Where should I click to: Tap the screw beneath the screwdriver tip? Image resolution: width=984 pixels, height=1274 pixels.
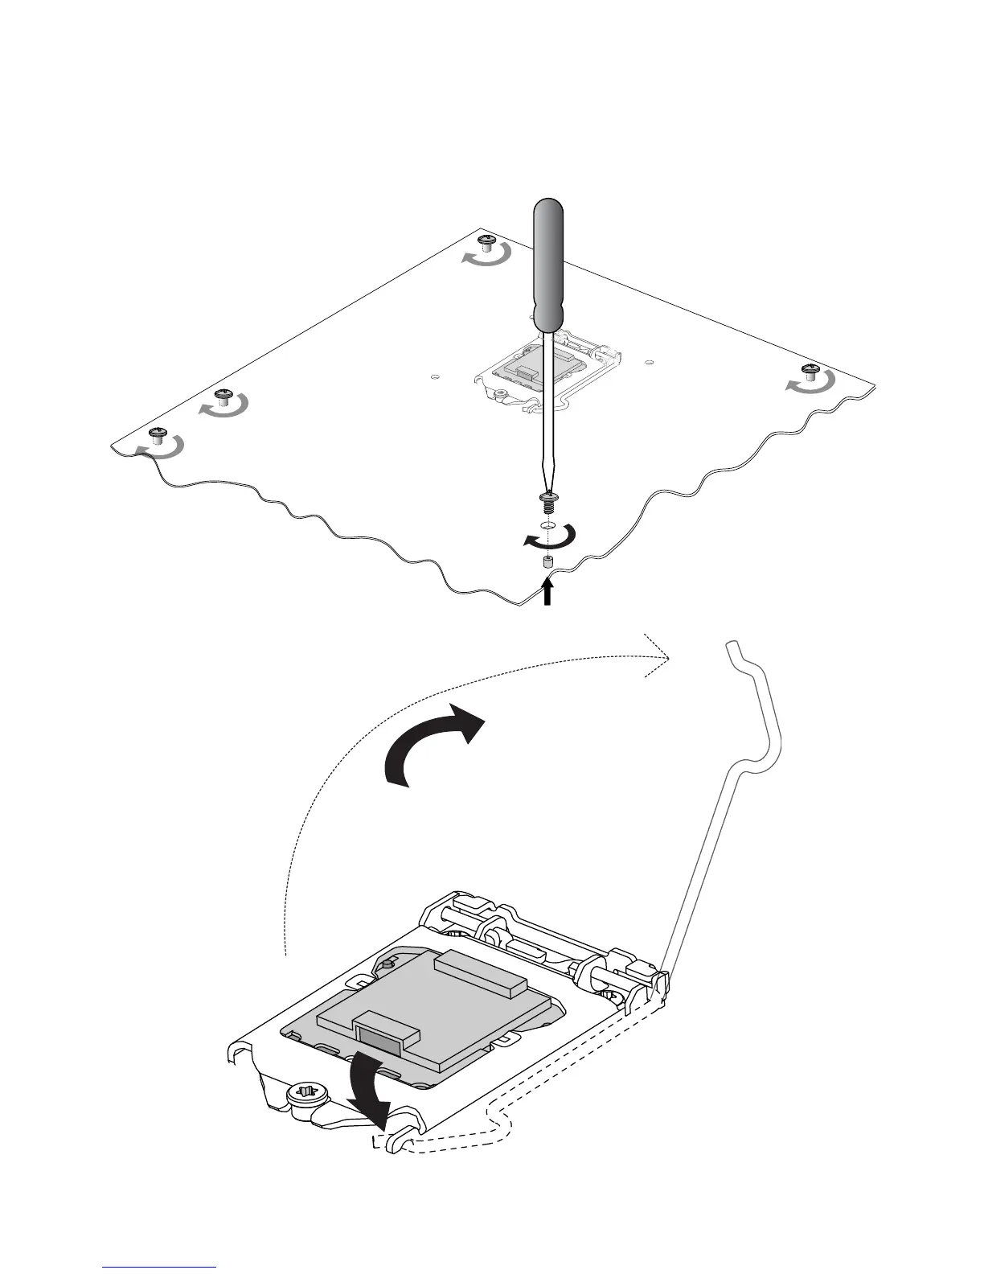click(548, 503)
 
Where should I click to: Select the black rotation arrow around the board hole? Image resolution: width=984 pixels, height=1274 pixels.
click(549, 536)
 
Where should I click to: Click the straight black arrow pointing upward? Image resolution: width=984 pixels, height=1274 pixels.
click(547, 592)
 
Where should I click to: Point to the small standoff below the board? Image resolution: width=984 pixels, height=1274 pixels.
click(547, 562)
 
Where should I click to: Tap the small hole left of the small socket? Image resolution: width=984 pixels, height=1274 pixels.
click(434, 376)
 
